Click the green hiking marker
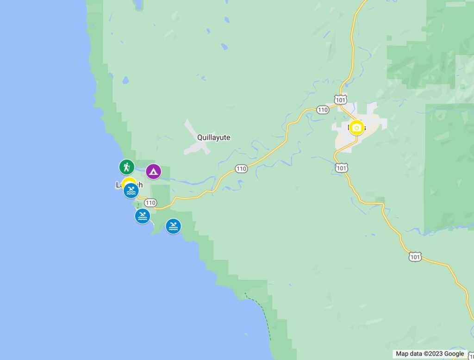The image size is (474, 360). click(126, 167)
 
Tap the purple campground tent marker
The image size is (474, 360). click(153, 172)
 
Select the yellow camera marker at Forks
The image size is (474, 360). click(356, 127)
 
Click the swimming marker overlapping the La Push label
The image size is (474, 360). click(131, 191)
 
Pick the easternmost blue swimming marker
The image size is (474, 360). click(173, 226)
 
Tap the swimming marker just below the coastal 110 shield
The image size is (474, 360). click(143, 216)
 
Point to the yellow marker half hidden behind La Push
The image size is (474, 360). click(129, 181)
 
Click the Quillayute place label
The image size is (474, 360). click(213, 137)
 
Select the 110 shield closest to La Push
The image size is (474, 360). click(150, 203)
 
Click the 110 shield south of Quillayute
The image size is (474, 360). click(241, 169)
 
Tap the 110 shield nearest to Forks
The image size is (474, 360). click(323, 110)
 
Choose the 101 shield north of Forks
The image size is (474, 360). click(341, 100)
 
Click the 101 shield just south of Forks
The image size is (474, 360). click(341, 168)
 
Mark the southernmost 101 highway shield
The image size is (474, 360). click(415, 257)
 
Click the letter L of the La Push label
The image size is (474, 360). click(118, 185)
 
